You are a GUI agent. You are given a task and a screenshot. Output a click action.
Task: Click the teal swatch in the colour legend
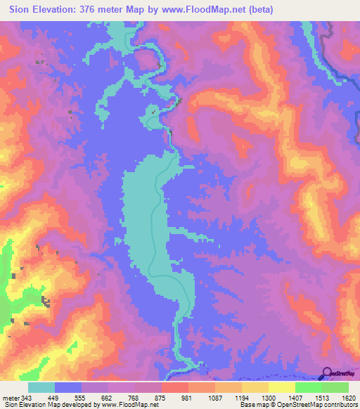pyautogui.click(x=41, y=387)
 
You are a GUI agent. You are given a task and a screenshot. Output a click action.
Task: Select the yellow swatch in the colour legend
pyautogui.click(x=281, y=387)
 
